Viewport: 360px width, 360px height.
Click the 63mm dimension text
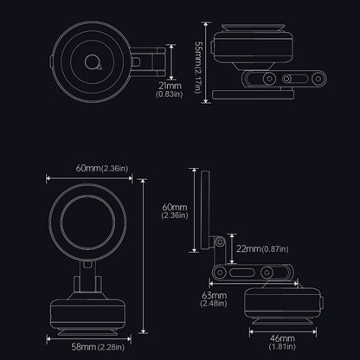tap(214, 295)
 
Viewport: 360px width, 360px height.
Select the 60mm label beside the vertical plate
tap(175, 208)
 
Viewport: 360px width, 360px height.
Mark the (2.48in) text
tap(214, 304)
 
